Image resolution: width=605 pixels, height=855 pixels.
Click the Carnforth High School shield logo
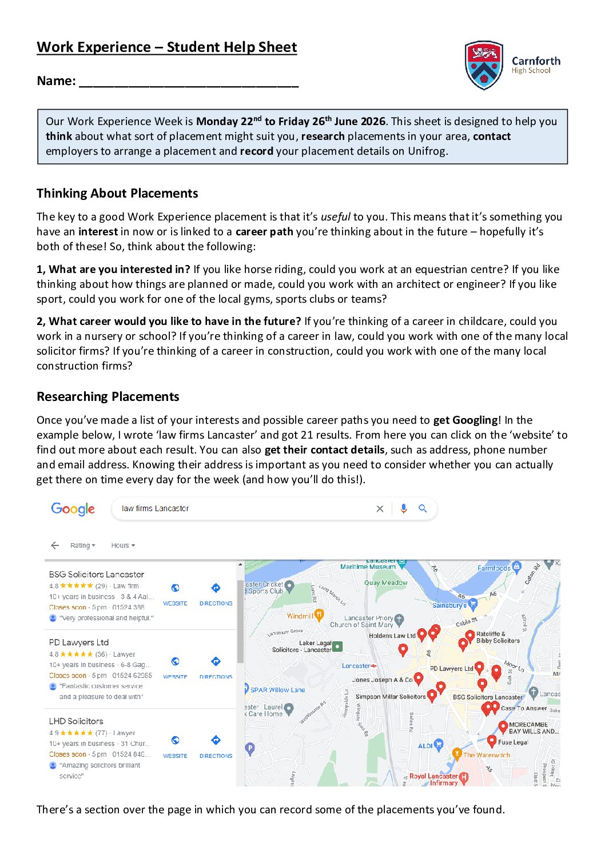tap(484, 65)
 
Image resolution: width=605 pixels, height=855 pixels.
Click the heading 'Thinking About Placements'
tap(117, 194)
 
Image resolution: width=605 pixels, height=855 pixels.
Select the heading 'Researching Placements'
tap(108, 397)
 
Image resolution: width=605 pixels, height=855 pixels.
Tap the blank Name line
tap(189, 82)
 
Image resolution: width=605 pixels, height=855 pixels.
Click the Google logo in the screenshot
tap(73, 509)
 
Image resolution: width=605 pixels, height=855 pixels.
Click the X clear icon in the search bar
tap(380, 509)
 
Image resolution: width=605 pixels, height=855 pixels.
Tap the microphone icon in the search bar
tap(404, 508)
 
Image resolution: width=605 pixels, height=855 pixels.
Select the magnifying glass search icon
tap(423, 508)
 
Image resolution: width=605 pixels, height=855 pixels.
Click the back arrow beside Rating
tap(55, 545)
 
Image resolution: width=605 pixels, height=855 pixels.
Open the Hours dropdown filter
tap(123, 545)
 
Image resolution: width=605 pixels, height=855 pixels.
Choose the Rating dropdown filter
tap(83, 545)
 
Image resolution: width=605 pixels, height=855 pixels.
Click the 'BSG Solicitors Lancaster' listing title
tap(97, 575)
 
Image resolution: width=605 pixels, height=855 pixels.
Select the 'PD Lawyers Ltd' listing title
tap(79, 643)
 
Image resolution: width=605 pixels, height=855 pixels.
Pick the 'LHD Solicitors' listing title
tap(76, 721)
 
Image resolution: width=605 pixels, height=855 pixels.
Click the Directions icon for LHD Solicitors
tap(216, 741)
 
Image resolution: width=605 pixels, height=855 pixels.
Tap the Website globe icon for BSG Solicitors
tap(176, 588)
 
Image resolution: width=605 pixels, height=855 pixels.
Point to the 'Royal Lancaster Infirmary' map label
tap(433, 779)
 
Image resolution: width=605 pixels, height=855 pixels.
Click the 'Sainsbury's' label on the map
tap(449, 605)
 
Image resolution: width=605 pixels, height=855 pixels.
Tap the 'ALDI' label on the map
tap(425, 746)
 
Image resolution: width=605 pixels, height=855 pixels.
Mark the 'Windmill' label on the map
tap(300, 616)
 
